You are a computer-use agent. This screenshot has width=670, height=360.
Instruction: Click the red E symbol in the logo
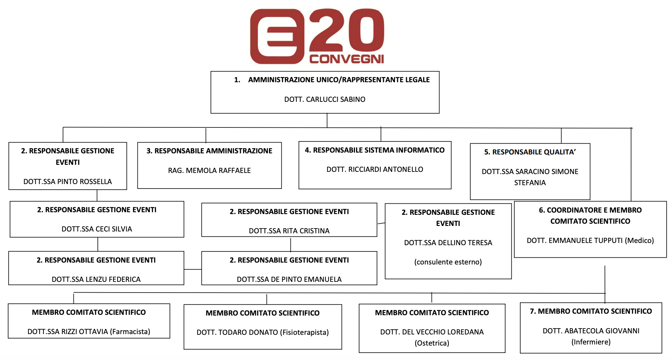tap(277, 36)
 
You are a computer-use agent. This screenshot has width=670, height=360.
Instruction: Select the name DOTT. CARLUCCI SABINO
tap(325, 99)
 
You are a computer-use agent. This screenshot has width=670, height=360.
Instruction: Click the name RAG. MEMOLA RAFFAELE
tap(209, 170)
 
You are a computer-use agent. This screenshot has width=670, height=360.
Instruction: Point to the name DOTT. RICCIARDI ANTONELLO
tap(375, 169)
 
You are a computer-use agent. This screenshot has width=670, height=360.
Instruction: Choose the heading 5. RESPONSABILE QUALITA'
tap(530, 152)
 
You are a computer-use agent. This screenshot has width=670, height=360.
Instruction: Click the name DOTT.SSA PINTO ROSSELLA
tap(67, 181)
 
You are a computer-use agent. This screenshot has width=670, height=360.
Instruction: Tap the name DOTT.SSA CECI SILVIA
tap(97, 229)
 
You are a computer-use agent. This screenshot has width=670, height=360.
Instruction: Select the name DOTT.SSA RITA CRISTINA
tap(289, 231)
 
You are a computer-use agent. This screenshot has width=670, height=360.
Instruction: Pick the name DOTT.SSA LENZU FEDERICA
tap(96, 279)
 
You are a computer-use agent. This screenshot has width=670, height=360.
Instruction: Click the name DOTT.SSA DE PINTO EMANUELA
tap(289, 279)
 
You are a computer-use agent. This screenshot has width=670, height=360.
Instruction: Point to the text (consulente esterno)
tap(448, 262)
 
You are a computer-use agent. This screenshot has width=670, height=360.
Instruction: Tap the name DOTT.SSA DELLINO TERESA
tap(448, 243)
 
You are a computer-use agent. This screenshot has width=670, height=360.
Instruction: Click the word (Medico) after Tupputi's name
tap(639, 240)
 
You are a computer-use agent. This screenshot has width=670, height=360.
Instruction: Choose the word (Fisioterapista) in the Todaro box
tap(305, 332)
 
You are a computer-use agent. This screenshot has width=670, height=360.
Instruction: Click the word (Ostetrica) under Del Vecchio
tap(432, 343)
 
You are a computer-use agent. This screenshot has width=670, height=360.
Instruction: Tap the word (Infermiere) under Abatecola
tap(591, 342)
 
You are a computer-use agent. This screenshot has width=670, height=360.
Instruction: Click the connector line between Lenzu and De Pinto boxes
tap(193, 269)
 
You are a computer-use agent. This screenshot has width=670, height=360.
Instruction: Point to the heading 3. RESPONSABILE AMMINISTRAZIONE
tap(209, 151)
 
